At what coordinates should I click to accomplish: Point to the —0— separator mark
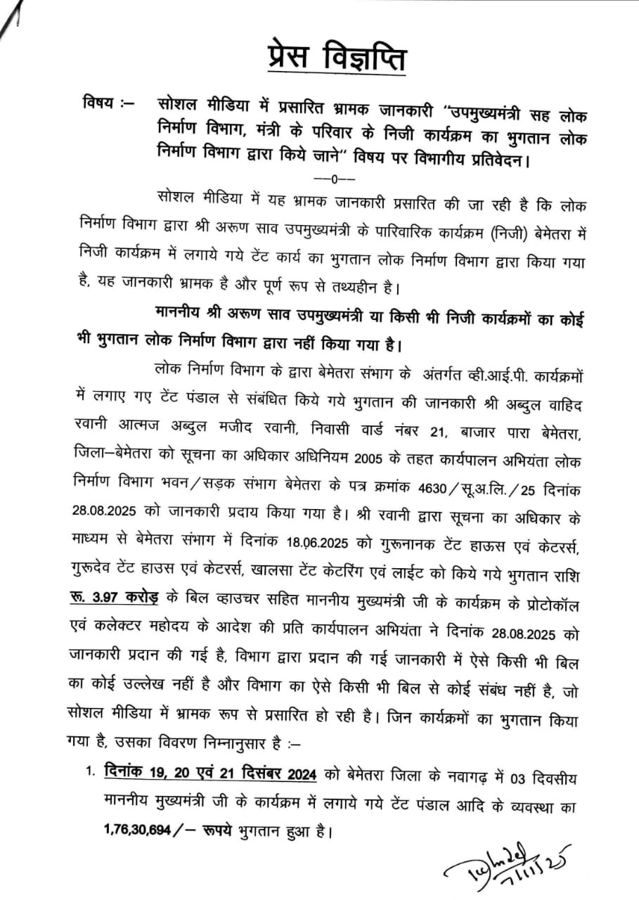(x=325, y=179)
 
